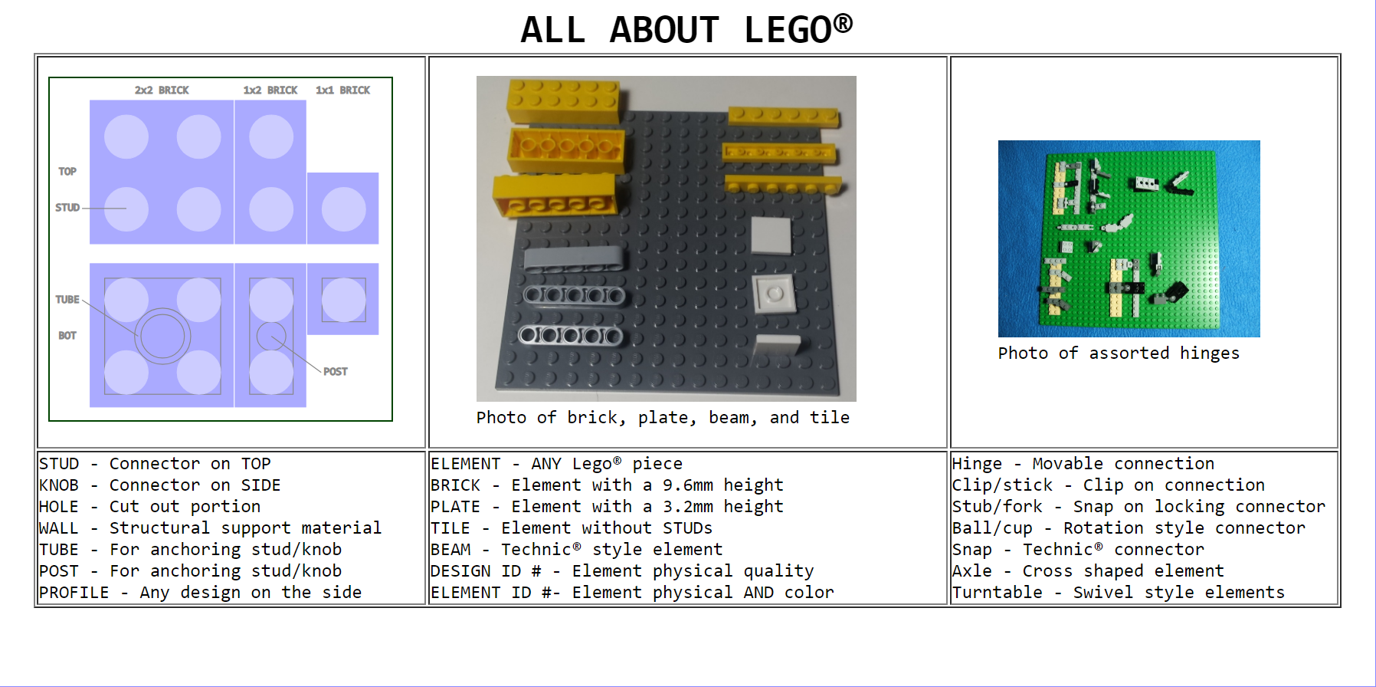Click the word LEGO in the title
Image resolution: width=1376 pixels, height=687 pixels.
788,29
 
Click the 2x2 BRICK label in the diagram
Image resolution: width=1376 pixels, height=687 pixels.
162,90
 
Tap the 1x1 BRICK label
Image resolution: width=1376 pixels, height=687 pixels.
342,90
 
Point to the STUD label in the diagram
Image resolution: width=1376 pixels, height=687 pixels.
67,207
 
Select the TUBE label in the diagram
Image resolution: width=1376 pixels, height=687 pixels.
67,299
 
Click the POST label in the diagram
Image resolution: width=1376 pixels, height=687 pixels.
336,371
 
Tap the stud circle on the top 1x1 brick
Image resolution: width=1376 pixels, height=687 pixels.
343,209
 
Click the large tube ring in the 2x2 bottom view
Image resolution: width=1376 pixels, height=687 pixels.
162,336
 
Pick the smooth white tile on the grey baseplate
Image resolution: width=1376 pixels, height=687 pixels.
771,235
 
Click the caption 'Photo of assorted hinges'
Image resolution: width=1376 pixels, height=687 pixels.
1119,353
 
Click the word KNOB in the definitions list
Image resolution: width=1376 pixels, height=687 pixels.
59,485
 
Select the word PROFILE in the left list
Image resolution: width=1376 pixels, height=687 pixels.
74,592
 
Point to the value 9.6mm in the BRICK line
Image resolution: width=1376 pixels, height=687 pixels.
688,485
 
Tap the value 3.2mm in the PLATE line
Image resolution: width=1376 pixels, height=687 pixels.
688,506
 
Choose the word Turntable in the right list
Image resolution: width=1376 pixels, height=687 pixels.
998,592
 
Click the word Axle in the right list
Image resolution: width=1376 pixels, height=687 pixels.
972,570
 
